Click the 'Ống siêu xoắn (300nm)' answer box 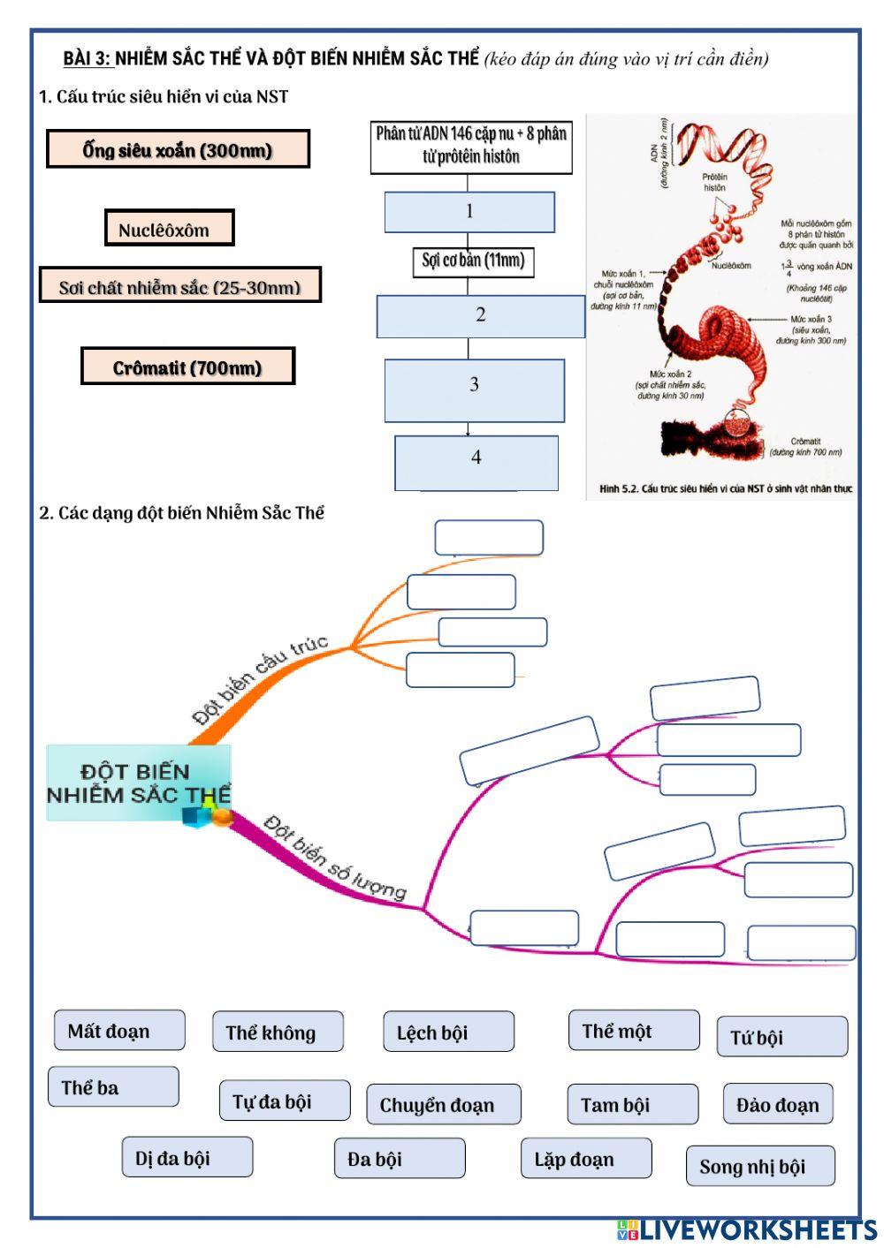click(178, 149)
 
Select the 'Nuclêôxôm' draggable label click(169, 229)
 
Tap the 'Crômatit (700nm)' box click(187, 367)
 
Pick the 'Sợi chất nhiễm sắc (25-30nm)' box click(179, 286)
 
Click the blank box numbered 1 click(469, 212)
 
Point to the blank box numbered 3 click(474, 390)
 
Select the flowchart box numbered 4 click(476, 462)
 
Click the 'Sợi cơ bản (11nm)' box click(473, 261)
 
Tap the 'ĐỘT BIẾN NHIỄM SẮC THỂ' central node click(139, 783)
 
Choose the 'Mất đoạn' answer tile click(119, 1031)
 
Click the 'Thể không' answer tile click(278, 1032)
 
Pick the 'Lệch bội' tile click(448, 1032)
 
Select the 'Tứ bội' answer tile click(781, 1037)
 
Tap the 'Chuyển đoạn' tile click(443, 1105)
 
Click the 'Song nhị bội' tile click(760, 1166)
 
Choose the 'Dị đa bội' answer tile click(187, 1157)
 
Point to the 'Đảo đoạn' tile click(778, 1104)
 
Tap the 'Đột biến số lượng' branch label click(335, 858)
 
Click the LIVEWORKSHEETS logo click(747, 1230)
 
